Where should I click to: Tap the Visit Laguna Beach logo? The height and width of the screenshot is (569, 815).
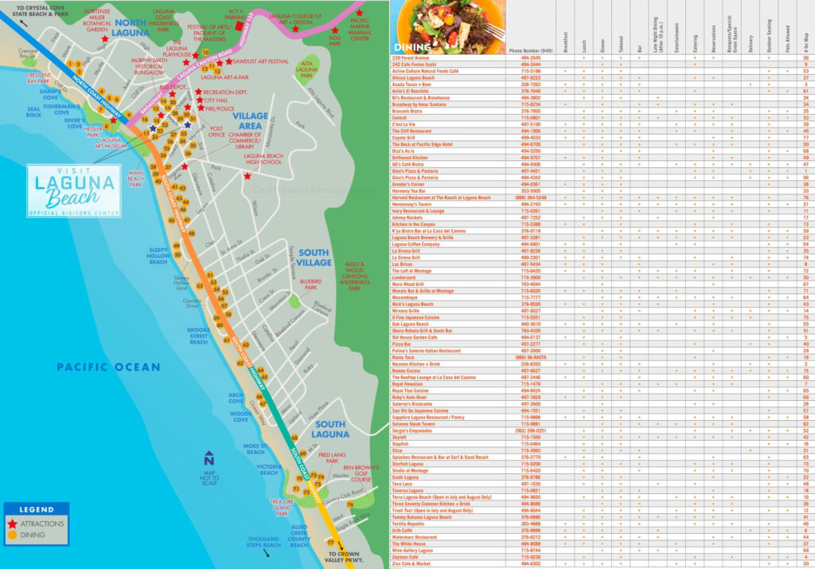[73, 190]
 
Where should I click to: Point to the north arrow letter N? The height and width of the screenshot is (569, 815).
[209, 460]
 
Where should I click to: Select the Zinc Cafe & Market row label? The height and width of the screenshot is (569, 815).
[412, 564]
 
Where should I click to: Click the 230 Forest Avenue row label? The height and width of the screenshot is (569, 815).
[411, 58]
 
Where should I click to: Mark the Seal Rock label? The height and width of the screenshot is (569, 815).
[33, 112]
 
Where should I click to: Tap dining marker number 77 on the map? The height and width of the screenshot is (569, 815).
[331, 543]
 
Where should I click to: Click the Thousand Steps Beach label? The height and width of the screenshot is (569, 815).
[263, 542]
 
